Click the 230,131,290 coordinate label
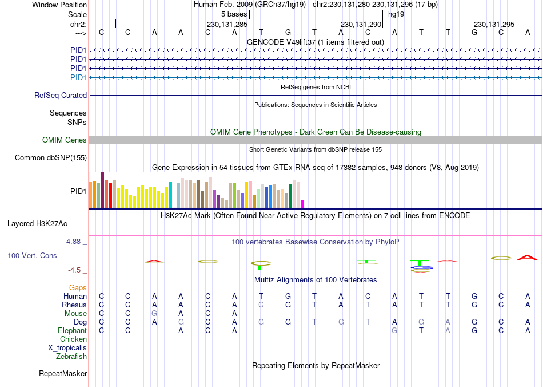pos(361,24)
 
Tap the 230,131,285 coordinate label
pos(227,24)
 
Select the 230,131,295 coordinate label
pos(494,24)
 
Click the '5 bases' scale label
pos(234,14)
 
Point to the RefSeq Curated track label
pos(61,96)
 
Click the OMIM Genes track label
pos(65,140)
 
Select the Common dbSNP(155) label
pos(51,157)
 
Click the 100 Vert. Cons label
pos(32,255)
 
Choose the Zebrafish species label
pos(71,356)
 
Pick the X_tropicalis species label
pos(67,347)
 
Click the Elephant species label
pos(72,330)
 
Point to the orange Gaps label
pos(78,287)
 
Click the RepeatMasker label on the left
pos(63,374)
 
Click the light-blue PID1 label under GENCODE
pos(78,77)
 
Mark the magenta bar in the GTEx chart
pos(303,204)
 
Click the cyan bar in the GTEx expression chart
pos(171,195)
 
